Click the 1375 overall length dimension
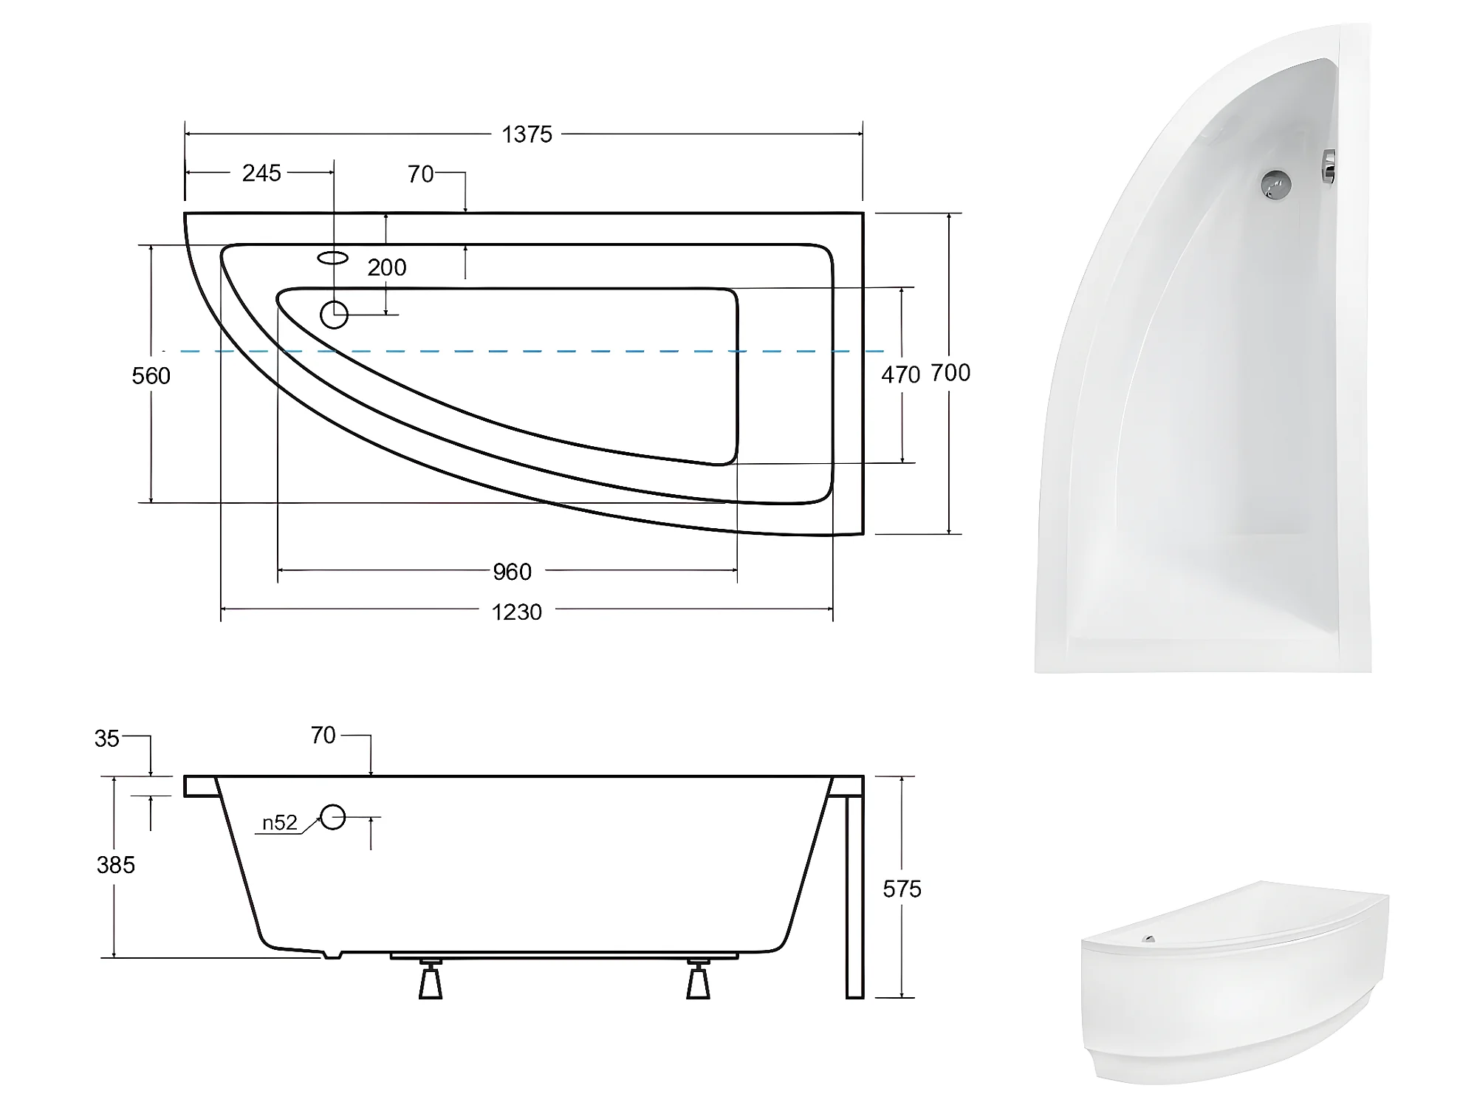pyautogui.click(x=527, y=134)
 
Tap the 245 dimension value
pyautogui.click(x=261, y=173)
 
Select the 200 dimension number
pyautogui.click(x=386, y=267)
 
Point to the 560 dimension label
pyautogui.click(x=151, y=376)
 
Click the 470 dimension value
pyautogui.click(x=900, y=375)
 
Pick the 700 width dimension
pyautogui.click(x=950, y=373)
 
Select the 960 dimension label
pyautogui.click(x=512, y=572)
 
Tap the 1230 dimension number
pyautogui.click(x=517, y=612)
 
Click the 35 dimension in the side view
pyautogui.click(x=107, y=739)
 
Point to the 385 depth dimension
pyautogui.click(x=116, y=865)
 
